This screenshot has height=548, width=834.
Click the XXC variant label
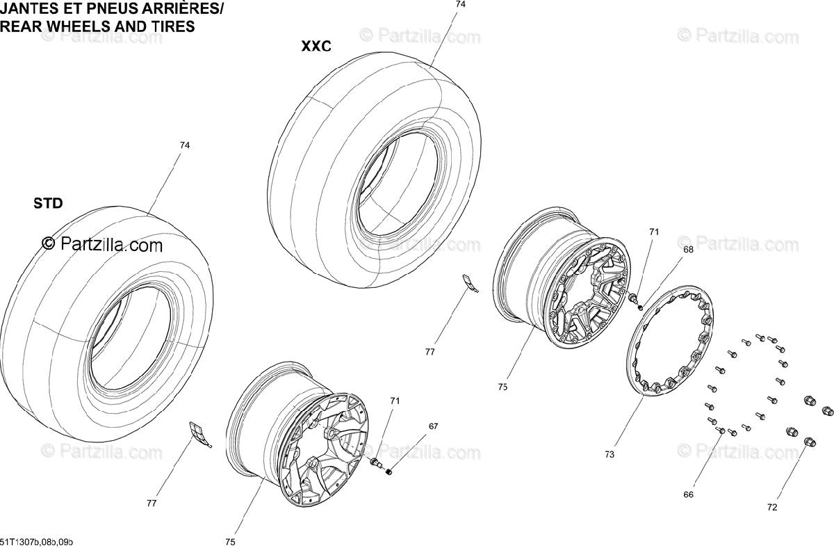[316, 47]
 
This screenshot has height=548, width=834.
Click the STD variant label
[48, 204]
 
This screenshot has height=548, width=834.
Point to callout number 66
[688, 494]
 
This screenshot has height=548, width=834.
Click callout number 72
[772, 508]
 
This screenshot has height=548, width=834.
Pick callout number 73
[610, 455]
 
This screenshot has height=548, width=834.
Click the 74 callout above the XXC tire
[460, 4]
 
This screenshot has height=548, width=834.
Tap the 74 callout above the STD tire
[184, 145]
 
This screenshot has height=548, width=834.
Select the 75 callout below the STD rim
[231, 542]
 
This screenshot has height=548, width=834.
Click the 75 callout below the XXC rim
[502, 387]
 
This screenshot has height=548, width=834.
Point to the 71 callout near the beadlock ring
[653, 232]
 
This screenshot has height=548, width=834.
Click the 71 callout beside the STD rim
[395, 401]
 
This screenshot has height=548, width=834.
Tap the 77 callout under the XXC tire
[430, 352]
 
